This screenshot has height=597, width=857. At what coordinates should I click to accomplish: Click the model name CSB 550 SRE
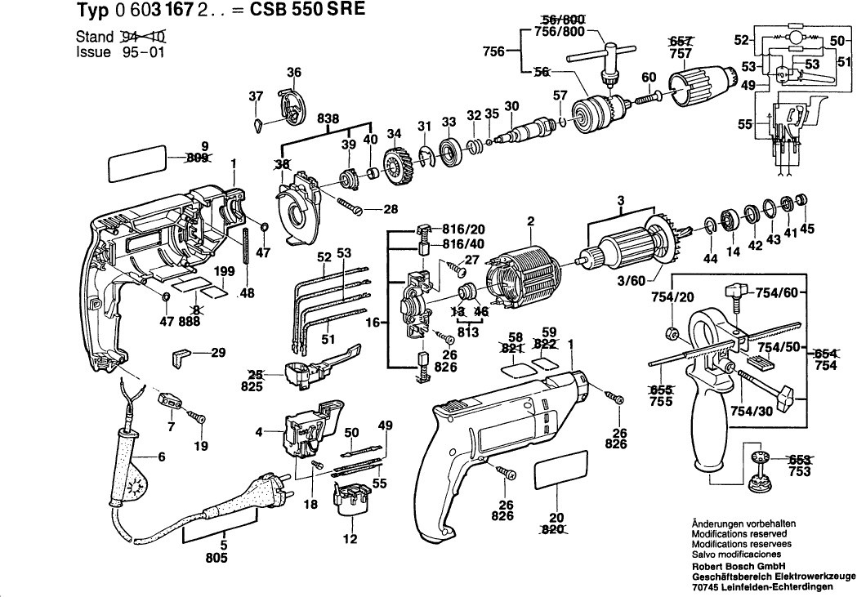pos(306,11)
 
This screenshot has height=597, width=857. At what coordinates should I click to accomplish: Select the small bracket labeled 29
pos(184,355)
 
